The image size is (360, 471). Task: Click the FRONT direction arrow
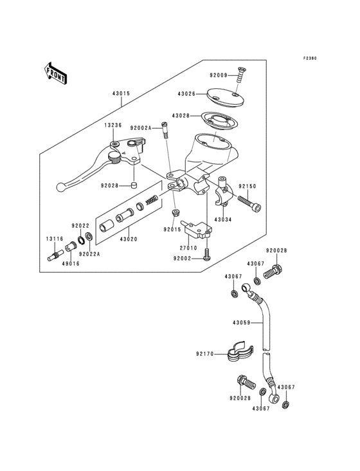point(56,74)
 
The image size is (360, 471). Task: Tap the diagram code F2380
point(310,59)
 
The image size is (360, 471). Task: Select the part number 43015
point(121,93)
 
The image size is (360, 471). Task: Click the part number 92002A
point(140,129)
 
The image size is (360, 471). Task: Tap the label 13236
point(114,125)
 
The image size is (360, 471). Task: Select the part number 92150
point(248,187)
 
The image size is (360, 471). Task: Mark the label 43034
point(222,219)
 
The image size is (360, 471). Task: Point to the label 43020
point(127,239)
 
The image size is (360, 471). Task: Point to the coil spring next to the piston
point(152,199)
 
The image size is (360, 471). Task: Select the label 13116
point(54,239)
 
